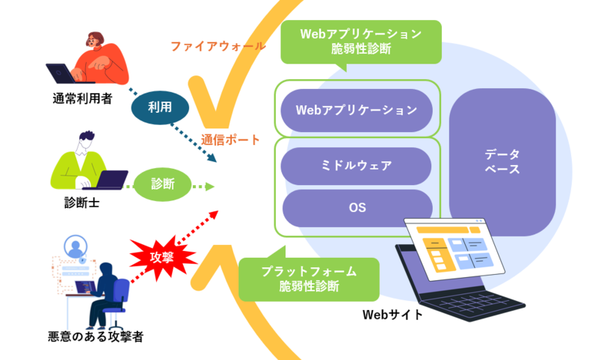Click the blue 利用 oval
tap(159, 108)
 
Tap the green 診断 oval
tap(162, 184)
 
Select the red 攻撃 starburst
tap(163, 256)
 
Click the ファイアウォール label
tap(218, 46)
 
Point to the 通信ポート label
tap(230, 140)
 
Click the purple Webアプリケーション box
tap(357, 111)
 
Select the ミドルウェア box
tap(357, 165)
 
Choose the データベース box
tap(502, 161)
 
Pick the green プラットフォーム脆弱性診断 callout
tap(309, 278)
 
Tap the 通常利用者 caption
tap(83, 98)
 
